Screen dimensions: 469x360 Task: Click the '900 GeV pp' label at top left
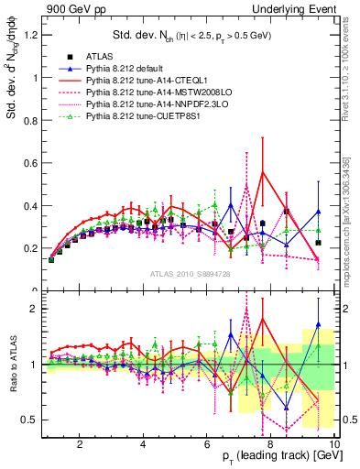click(70, 8)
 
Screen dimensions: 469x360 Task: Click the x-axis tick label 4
click(144, 443)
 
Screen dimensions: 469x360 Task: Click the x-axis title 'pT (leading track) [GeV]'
click(281, 456)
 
